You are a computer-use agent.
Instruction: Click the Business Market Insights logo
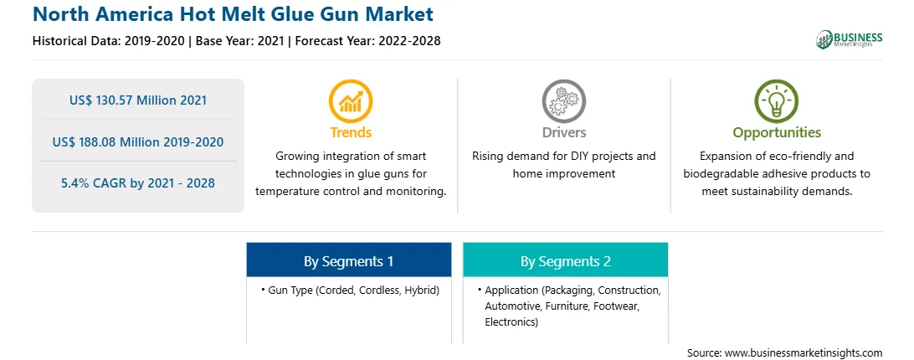click(x=850, y=39)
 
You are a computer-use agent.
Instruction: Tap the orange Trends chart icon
click(x=351, y=101)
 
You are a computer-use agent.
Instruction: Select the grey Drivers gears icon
click(x=563, y=101)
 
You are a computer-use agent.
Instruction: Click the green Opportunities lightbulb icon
click(x=777, y=101)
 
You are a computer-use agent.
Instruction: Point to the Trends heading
click(x=351, y=132)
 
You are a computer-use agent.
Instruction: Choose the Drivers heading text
click(x=563, y=132)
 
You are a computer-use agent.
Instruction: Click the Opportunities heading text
click(x=777, y=133)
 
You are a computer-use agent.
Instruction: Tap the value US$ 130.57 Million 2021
click(x=138, y=100)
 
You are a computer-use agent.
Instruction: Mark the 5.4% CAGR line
click(x=138, y=183)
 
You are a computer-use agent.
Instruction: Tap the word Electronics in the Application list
click(x=511, y=321)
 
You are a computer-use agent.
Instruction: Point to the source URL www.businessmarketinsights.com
click(x=804, y=352)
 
